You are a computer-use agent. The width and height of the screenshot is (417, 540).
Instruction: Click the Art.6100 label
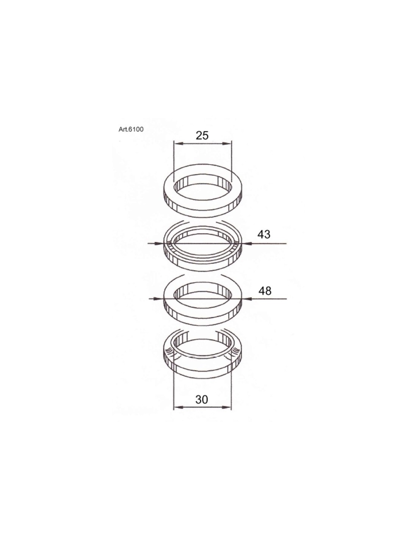pyautogui.click(x=131, y=129)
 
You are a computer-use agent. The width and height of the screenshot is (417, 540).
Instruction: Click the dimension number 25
pyautogui.click(x=202, y=136)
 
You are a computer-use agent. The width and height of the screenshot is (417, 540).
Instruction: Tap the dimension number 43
pyautogui.click(x=264, y=234)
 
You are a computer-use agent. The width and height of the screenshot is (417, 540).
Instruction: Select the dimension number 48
pyautogui.click(x=265, y=291)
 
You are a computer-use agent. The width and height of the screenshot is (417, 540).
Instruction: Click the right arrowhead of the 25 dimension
pyautogui.click(x=226, y=144)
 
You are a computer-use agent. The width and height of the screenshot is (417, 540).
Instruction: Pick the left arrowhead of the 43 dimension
pyautogui.click(x=159, y=243)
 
